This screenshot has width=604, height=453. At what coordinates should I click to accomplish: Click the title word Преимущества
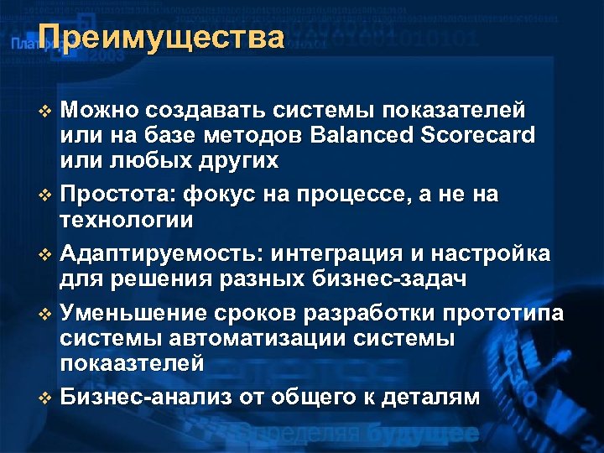coord(161,38)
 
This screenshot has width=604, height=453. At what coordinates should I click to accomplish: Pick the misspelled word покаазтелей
coord(132,364)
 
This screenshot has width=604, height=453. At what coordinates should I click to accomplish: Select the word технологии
coord(127,220)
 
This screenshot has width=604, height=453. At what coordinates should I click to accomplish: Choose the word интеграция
coord(345,254)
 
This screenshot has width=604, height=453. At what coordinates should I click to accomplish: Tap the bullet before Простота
coord(45,196)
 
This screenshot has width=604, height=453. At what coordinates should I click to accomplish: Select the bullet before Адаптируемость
coord(45,255)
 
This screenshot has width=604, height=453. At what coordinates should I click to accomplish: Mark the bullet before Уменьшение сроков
coord(45,315)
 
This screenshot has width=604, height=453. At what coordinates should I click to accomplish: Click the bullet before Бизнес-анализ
coord(45,398)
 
